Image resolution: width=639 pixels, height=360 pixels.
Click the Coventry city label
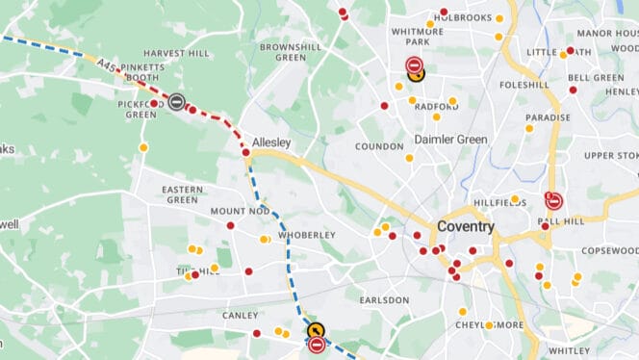465,227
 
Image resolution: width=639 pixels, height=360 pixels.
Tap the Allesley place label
271,141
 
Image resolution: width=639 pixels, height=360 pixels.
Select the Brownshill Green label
283,52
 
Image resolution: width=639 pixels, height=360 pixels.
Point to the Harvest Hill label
176,53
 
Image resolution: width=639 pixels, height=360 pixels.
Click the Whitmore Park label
416,37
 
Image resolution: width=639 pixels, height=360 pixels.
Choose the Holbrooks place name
463,17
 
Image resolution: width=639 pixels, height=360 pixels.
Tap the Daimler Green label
450,140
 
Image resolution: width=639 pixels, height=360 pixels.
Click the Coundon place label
379,146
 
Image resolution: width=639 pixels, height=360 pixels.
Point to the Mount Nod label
240,211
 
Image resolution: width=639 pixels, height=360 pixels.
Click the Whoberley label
306,235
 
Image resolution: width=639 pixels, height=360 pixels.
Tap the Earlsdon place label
384,300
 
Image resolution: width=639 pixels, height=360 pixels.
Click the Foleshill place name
524,85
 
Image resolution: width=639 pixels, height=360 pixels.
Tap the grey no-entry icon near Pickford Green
176,101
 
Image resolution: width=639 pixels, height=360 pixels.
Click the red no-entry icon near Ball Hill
553,201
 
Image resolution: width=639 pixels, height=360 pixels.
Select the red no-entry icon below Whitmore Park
414,66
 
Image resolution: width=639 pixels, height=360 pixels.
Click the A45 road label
108,64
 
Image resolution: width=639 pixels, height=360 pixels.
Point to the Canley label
240,315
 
